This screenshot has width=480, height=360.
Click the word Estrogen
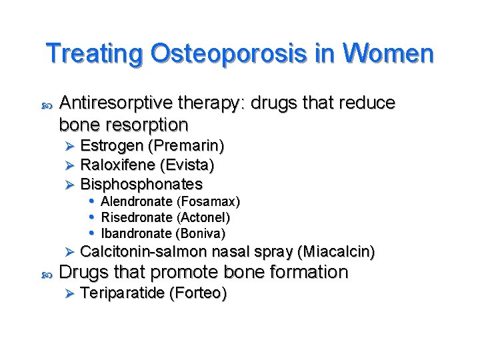click(111, 145)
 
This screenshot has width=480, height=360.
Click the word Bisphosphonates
click(141, 183)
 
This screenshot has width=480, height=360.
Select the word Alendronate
click(137, 201)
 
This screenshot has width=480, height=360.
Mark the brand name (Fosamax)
click(208, 201)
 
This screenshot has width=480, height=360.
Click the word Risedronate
click(137, 217)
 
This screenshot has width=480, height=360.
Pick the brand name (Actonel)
click(203, 217)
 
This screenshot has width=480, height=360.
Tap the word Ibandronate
click(136, 233)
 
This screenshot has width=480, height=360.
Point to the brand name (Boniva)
click(201, 233)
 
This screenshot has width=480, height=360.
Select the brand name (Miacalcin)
click(337, 252)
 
